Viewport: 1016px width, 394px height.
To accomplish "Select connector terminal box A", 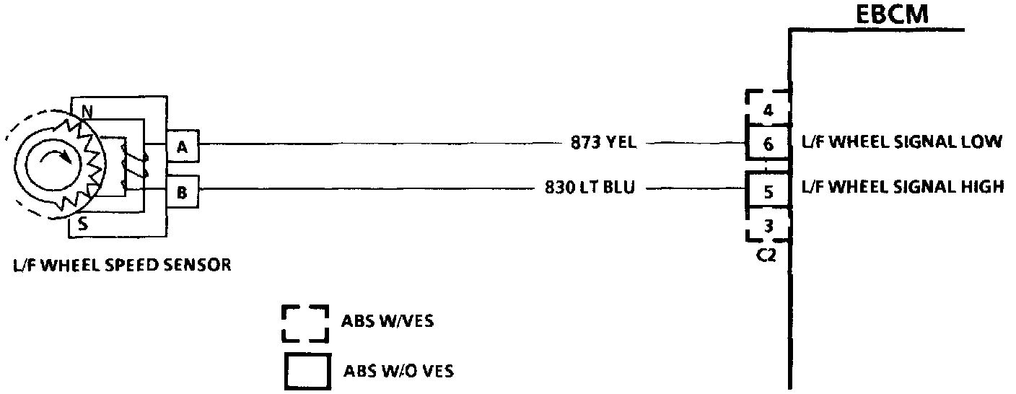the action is (182, 147).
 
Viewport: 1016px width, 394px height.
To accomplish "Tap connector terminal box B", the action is (182, 193).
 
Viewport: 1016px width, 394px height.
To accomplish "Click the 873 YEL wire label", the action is (603, 143).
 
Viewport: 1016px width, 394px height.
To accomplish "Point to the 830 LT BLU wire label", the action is (590, 189).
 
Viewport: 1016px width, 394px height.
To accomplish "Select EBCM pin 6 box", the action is (768, 144).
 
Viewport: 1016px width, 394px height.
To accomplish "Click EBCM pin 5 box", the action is (768, 192).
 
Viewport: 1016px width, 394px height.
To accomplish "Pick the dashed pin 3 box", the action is (768, 225).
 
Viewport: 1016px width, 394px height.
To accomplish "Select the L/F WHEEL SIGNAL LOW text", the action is (902, 142).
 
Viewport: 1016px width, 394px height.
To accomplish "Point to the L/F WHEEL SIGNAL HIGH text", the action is (903, 188).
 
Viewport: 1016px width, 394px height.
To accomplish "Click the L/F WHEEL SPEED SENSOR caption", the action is (121, 265).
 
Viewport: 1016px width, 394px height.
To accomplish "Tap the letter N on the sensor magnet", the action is (87, 111).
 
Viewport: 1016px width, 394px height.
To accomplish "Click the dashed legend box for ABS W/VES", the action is (305, 322).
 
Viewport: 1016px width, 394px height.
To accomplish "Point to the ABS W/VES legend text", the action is (387, 321).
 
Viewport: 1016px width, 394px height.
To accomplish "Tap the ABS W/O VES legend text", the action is (398, 372).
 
